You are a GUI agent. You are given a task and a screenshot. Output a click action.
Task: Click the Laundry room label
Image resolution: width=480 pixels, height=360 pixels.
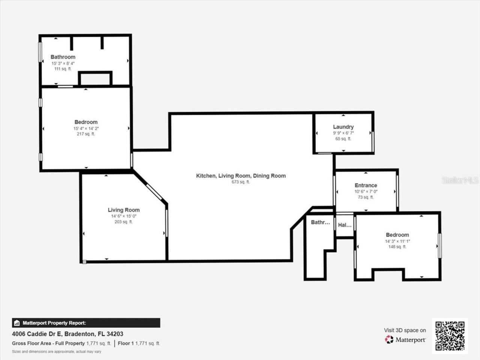click(343, 127)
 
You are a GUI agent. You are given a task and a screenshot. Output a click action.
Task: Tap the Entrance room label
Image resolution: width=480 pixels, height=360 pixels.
click(366, 185)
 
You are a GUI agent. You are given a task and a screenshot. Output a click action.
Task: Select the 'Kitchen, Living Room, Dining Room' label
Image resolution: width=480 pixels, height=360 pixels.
click(241, 175)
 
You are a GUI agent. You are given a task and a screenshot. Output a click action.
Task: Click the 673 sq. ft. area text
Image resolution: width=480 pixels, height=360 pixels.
click(241, 182)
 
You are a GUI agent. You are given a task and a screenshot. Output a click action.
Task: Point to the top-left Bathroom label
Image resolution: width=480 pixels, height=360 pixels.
click(63, 57)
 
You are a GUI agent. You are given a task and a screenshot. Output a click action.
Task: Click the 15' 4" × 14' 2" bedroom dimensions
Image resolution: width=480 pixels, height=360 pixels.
click(86, 128)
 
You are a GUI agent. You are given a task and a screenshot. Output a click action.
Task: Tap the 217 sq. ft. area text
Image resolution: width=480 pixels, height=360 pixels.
click(86, 134)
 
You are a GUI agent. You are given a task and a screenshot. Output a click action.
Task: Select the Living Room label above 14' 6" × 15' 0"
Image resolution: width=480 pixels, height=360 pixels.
click(124, 210)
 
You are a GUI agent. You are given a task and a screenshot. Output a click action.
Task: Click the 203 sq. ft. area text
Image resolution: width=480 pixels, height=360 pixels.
click(124, 222)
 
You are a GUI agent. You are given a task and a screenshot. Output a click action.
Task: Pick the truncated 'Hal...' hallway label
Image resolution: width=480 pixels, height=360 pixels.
click(345, 225)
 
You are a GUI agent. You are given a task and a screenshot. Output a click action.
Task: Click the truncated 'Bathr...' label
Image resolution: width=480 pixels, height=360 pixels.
click(320, 222)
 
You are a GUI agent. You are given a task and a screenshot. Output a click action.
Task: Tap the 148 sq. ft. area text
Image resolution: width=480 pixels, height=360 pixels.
click(397, 247)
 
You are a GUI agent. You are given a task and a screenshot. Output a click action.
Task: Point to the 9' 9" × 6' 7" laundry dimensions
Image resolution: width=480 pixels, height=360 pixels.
click(343, 133)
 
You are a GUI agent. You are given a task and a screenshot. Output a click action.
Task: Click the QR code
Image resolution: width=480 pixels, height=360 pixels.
click(450, 336)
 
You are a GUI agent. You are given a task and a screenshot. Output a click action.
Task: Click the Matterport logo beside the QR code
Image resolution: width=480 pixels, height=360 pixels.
click(405, 339)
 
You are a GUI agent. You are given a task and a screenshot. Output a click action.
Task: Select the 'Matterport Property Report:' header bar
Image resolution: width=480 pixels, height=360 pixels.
click(86, 323)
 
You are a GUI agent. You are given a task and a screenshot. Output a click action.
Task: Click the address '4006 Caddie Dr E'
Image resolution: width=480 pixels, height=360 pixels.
click(37, 334)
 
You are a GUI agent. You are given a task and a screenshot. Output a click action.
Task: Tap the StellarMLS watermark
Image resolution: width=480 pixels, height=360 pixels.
click(460, 180)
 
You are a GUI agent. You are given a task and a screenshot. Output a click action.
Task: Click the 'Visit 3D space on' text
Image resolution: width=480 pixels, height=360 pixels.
click(405, 330)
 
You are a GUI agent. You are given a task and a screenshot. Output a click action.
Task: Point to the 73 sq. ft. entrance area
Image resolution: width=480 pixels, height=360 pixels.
click(366, 197)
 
